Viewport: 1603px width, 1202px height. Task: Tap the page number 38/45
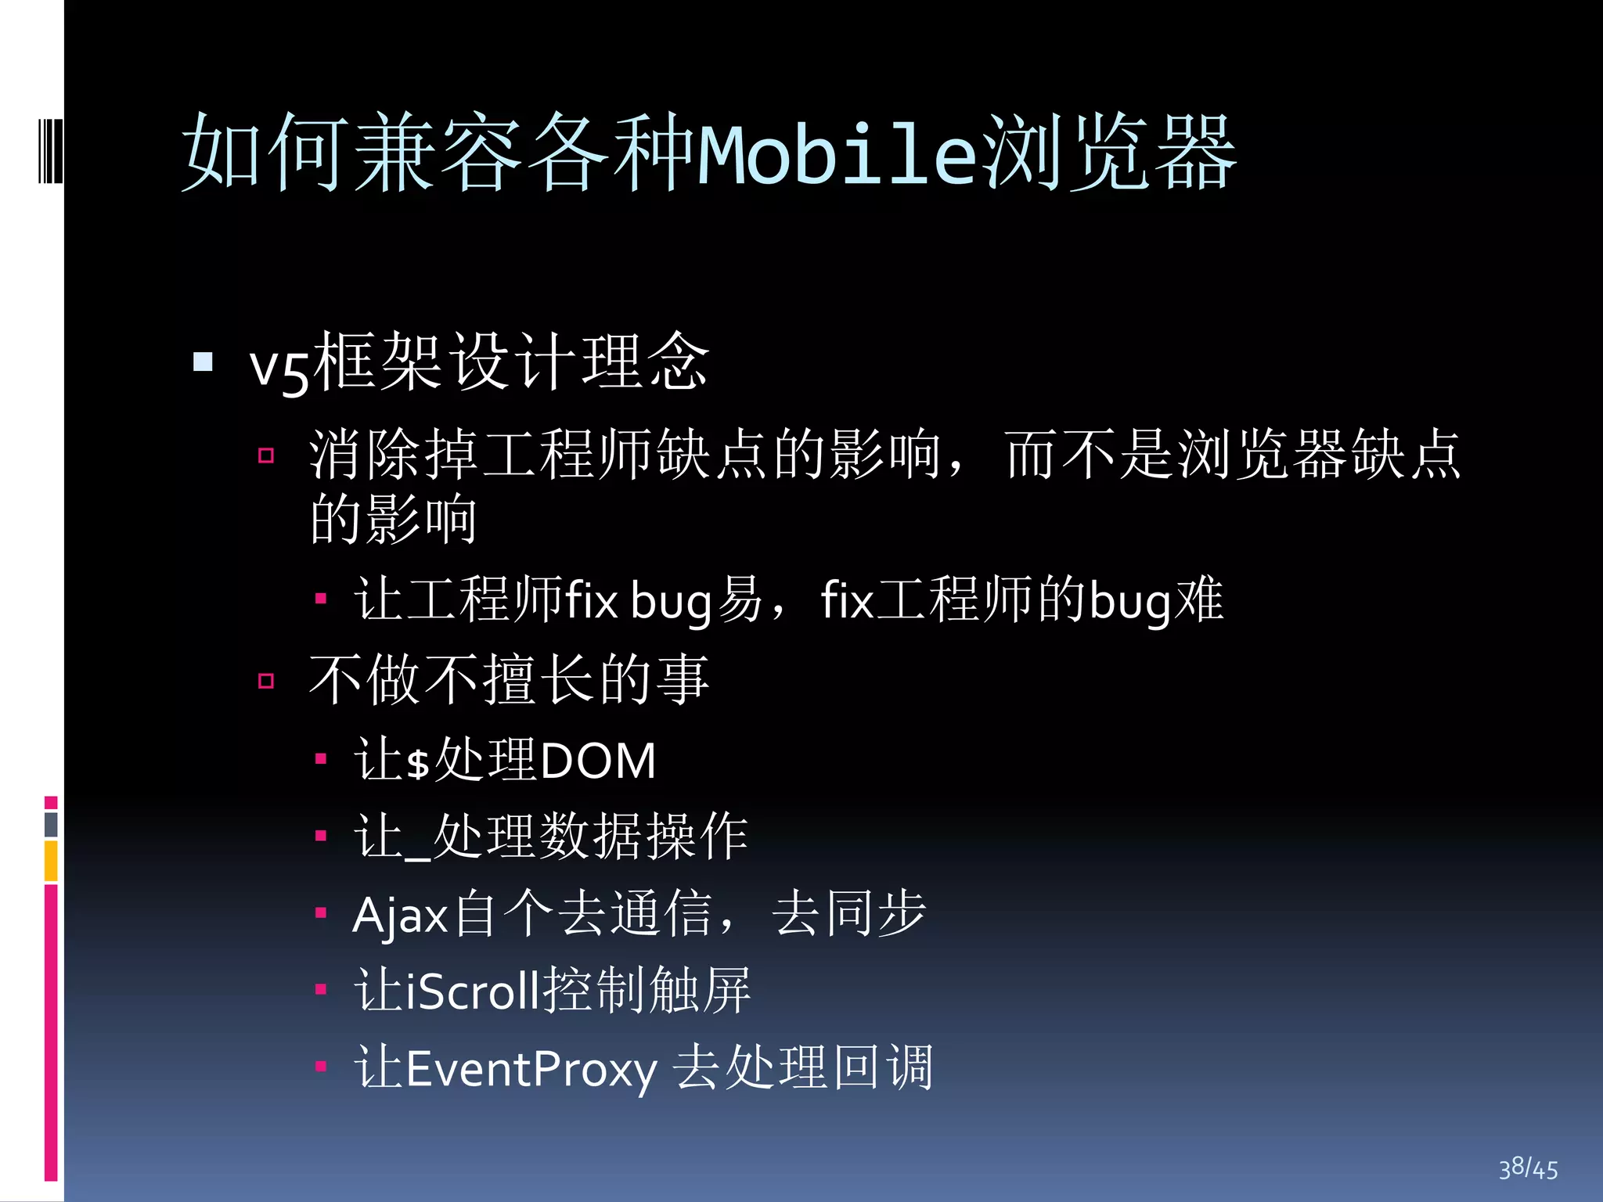1528,1168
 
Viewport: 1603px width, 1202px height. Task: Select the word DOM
598,761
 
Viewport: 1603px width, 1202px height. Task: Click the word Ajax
400,915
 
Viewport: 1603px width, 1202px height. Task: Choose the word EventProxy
531,1070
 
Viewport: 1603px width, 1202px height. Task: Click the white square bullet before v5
204,362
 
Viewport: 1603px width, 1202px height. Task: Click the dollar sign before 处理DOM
419,762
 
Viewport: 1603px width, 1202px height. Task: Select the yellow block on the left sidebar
51,861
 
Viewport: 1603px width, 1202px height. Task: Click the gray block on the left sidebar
51,824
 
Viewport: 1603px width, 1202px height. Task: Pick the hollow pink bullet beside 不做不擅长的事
266,681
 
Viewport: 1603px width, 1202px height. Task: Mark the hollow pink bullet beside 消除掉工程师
266,455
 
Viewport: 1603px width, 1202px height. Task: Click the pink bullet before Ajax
320,912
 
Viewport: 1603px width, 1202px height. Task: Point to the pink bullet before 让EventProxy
320,1066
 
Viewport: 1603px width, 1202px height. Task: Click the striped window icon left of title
51,150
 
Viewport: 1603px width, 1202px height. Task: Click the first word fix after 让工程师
591,601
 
